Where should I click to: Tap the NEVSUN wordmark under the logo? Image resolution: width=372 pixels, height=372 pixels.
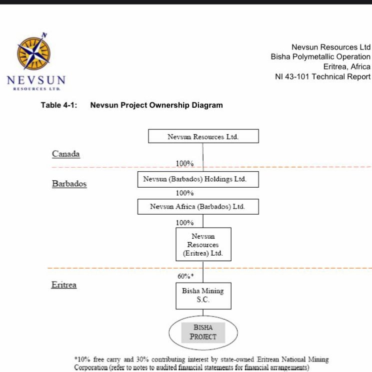click(36, 80)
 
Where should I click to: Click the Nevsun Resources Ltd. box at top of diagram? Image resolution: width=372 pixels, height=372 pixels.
click(204, 136)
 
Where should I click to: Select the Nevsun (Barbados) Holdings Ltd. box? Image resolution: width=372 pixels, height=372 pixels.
click(198, 179)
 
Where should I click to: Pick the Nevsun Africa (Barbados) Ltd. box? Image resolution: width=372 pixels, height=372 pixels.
click(198, 207)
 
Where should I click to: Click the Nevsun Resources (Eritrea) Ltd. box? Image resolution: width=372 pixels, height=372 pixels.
click(204, 244)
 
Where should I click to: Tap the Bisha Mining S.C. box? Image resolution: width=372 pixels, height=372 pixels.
click(204, 296)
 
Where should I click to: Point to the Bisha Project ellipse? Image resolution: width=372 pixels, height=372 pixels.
click(203, 333)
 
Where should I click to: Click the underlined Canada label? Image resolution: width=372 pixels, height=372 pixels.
click(66, 154)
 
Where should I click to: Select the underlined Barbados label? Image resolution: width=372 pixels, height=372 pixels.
click(69, 184)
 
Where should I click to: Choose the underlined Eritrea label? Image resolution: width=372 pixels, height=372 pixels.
click(64, 285)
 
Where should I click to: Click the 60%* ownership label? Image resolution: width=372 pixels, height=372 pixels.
click(186, 276)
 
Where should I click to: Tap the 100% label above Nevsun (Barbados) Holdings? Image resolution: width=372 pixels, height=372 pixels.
click(185, 164)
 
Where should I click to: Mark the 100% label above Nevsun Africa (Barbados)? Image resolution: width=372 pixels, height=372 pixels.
click(185, 193)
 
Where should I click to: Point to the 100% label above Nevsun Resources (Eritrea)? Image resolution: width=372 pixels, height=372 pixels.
click(185, 223)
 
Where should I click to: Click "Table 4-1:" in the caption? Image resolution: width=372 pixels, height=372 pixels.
click(59, 105)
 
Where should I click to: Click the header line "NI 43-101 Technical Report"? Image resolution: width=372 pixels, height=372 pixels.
click(323, 76)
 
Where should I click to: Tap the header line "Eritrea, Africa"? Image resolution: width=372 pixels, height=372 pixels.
click(347, 67)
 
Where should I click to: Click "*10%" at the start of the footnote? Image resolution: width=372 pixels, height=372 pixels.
click(82, 360)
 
